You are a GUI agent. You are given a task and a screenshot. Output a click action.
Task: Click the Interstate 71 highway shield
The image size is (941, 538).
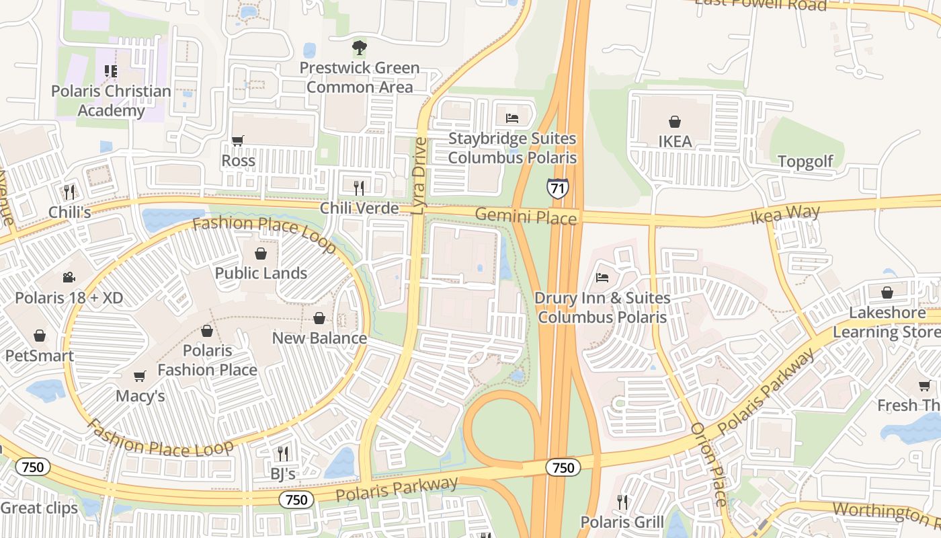[557, 188]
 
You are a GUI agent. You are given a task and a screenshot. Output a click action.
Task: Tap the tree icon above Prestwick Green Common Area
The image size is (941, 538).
[360, 48]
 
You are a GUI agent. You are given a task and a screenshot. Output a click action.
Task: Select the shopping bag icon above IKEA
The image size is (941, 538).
[674, 122]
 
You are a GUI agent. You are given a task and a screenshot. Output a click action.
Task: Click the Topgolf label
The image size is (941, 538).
[805, 161]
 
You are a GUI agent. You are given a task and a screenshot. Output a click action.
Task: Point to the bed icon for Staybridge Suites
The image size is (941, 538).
[512, 118]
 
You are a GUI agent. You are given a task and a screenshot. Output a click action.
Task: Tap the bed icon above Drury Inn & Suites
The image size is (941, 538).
[602, 278]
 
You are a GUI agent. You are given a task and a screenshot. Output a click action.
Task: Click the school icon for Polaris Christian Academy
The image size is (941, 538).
[111, 71]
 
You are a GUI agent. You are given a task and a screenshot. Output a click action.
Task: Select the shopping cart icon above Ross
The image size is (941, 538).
[238, 141]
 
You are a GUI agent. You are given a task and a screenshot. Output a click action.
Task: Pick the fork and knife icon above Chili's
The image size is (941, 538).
[69, 192]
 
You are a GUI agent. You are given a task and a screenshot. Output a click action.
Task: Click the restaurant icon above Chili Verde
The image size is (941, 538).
[359, 188]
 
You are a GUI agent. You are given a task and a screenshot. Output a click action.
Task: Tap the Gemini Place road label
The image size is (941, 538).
[526, 217]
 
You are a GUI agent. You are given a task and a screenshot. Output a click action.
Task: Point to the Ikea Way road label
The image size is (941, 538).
[785, 215]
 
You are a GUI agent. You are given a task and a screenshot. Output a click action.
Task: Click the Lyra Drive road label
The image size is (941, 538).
[419, 176]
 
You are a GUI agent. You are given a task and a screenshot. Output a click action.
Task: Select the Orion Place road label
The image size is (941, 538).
[708, 464]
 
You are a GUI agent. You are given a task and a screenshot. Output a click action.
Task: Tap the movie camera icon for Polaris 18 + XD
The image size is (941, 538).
[69, 277]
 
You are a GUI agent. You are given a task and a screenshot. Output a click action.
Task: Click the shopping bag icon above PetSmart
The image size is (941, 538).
[40, 336]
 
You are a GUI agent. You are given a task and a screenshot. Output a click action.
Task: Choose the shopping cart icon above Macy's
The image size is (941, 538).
[140, 376]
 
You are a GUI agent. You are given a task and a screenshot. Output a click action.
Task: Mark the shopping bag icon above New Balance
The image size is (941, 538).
[319, 318]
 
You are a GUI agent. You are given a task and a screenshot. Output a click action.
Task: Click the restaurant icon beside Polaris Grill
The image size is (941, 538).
[622, 502]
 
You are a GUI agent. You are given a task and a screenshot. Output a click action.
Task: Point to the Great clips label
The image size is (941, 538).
[39, 508]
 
